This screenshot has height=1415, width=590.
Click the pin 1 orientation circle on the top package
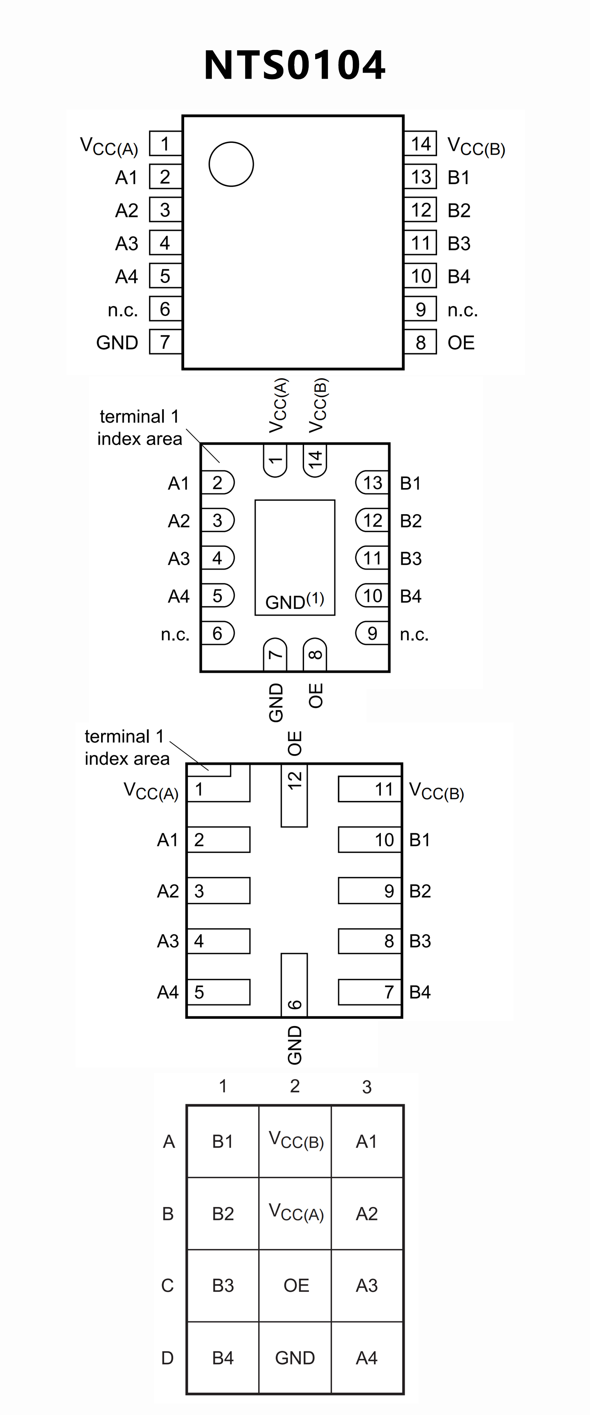231,164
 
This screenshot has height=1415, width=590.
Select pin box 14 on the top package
420,144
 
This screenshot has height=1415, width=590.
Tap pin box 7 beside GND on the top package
165,342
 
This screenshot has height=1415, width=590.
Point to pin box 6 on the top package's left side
165,309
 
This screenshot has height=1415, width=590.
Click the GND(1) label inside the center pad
295,601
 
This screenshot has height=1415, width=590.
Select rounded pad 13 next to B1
372,483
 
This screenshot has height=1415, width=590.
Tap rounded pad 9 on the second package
372,633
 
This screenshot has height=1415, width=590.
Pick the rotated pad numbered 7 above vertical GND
275,654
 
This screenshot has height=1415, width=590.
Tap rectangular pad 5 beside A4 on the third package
218,992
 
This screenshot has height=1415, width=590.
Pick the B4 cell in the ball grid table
223,1357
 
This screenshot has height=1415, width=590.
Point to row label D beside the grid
167,1357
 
